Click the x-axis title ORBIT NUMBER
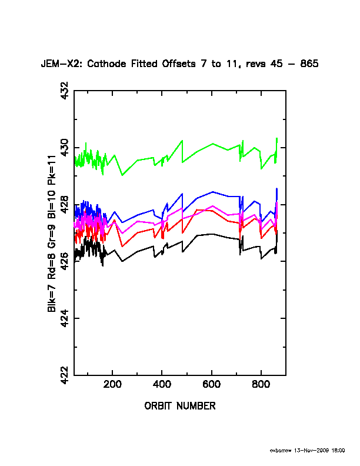click(179, 406)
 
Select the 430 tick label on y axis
click(64, 148)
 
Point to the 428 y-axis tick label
click(64, 205)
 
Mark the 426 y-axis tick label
click(64, 261)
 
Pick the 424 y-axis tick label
click(64, 318)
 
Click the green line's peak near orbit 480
click(182, 141)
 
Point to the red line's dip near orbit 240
click(122, 246)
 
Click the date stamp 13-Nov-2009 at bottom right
click(315, 451)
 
